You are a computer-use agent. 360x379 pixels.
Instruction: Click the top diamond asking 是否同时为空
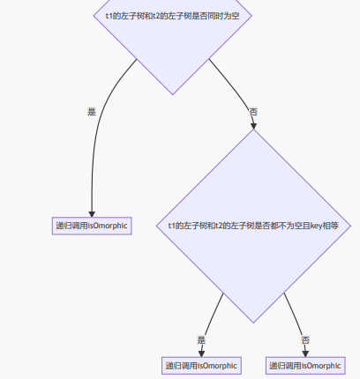[166, 35]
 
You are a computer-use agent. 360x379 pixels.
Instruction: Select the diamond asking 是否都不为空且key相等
[253, 226]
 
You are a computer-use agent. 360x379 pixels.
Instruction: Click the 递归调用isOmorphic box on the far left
[92, 226]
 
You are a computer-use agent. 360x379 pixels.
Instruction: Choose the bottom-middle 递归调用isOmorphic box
[202, 365]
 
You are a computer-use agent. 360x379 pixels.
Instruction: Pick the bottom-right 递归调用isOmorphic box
[305, 365]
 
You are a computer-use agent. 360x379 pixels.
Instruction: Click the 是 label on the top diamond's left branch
[92, 112]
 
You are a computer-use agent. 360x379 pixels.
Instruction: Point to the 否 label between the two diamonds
[253, 112]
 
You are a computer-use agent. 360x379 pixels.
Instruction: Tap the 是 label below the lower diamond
[202, 339]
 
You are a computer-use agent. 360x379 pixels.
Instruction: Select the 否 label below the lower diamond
[305, 339]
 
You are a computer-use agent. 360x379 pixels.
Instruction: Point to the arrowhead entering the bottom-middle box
[202, 353]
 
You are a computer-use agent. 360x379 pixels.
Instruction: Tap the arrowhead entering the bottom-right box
[305, 353]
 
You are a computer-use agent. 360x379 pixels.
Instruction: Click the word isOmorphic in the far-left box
[109, 226]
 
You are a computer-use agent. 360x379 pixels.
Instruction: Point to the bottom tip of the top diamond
[166, 93]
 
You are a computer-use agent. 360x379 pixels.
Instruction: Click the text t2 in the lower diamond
[219, 227]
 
